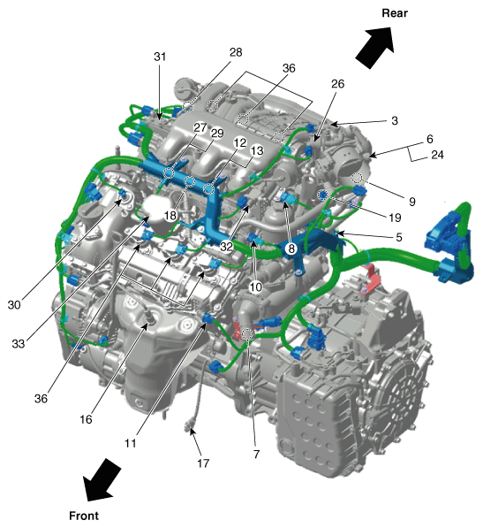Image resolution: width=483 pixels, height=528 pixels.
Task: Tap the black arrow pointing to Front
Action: [x=101, y=481]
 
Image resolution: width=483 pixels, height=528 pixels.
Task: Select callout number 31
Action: [x=159, y=57]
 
